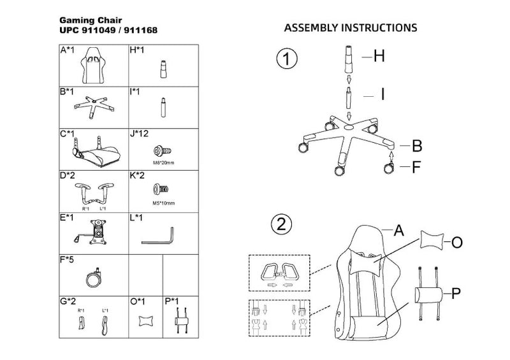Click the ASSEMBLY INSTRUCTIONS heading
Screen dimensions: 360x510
click(x=350, y=29)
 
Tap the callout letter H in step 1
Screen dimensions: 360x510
click(x=379, y=57)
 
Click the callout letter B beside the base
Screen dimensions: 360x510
click(x=416, y=146)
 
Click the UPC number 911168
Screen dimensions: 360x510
click(x=142, y=30)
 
